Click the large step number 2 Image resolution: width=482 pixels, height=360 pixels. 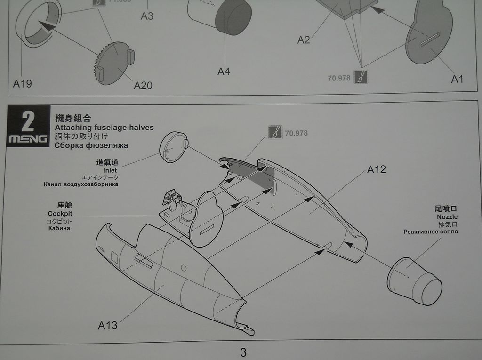(28, 121)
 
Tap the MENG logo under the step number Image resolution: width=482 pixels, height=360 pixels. (28, 139)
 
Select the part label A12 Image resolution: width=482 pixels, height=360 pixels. (376, 169)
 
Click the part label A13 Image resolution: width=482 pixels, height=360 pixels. (108, 325)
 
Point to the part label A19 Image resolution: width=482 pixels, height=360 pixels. (23, 84)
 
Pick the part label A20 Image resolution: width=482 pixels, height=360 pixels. (143, 85)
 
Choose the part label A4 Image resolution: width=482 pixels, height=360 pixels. (224, 72)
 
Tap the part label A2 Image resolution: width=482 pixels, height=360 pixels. (304, 40)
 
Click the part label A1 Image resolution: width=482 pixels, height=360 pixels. (457, 79)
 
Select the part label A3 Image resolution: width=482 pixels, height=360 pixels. (147, 16)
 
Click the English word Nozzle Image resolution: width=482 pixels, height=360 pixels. (447, 217)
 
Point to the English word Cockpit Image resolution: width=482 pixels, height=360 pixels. (60, 214)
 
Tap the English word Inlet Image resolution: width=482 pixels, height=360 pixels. (110, 170)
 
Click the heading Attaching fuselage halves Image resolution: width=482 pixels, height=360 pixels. (104, 127)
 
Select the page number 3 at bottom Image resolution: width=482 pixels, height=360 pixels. (243, 352)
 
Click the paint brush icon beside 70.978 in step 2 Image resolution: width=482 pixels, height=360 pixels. (275, 133)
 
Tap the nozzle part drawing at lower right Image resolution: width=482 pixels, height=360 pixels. (415, 281)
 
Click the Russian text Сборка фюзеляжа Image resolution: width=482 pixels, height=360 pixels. (91, 145)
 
